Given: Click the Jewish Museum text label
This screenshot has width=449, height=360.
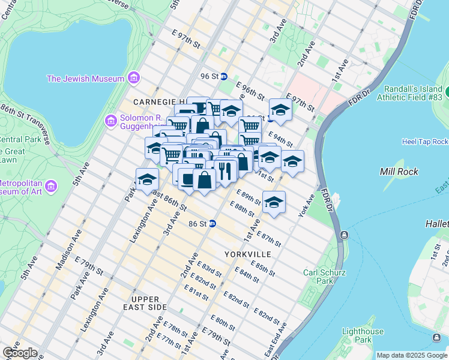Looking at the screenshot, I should [x=86, y=79].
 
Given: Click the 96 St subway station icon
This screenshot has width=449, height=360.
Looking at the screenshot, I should [x=224, y=76].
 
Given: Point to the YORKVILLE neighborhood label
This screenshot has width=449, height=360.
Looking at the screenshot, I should [x=248, y=254].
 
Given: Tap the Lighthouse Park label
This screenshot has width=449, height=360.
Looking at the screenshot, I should [x=363, y=335].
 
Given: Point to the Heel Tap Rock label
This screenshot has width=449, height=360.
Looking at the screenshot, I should [x=425, y=142].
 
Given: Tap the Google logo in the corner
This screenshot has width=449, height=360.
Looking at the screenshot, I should [x=19, y=353].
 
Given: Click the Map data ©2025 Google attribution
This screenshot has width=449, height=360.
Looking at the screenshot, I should [x=412, y=355].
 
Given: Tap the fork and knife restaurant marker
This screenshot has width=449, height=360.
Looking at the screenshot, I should [x=225, y=170].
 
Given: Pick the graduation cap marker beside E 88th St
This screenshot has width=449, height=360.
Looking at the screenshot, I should [x=274, y=202].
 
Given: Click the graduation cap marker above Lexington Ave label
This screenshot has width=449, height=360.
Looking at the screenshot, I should [x=147, y=179].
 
